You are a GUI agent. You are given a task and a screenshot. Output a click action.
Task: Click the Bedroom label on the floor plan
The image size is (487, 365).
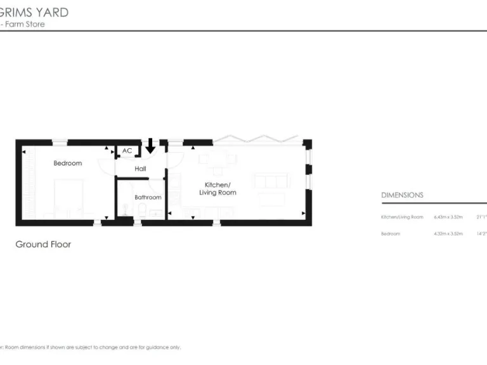point(67,163)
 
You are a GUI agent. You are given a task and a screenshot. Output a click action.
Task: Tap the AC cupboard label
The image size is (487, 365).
point(127,151)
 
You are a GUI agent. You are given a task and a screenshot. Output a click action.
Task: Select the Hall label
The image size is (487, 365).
point(140,169)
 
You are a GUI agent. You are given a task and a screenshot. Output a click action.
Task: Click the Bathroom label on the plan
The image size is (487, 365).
point(148,197)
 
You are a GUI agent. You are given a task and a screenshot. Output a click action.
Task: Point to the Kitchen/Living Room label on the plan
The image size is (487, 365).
point(218,188)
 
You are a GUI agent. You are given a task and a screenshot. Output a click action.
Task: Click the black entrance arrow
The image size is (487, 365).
point(150,145)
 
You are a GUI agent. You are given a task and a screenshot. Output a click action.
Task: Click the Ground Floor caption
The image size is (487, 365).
point(43,244)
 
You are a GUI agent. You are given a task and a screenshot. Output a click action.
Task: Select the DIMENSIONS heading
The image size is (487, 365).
point(402,195)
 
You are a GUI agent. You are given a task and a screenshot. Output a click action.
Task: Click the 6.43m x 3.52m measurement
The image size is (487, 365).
point(448,217)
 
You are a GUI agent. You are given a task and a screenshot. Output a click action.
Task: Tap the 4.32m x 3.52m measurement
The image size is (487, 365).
point(448,233)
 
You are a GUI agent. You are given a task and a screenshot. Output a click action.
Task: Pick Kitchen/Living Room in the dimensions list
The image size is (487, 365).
point(401,217)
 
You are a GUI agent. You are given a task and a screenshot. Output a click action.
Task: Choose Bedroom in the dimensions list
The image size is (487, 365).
point(391,233)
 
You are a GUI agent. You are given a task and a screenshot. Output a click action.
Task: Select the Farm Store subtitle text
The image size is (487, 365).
point(25,24)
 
